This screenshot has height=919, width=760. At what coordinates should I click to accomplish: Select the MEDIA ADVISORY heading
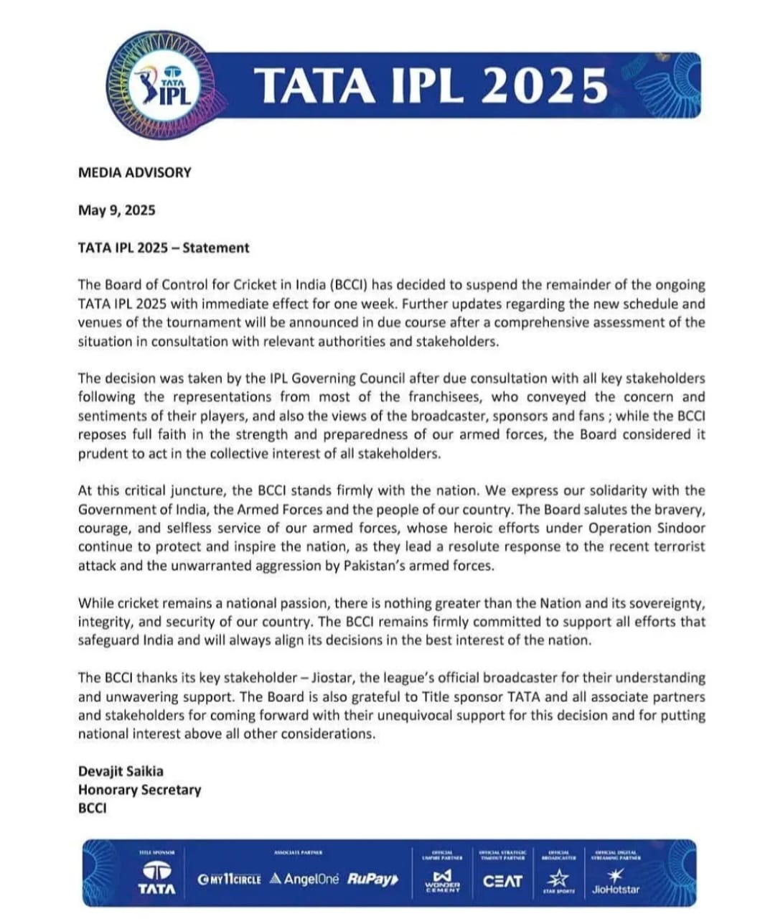[135, 172]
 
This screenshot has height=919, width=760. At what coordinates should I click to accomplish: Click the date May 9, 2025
[116, 210]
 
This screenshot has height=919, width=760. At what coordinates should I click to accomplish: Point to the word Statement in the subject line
[215, 248]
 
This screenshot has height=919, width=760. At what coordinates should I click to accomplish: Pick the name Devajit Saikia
[121, 771]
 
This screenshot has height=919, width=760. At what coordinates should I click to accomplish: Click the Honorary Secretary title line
[139, 790]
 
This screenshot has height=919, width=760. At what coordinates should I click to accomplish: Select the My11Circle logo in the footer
[229, 880]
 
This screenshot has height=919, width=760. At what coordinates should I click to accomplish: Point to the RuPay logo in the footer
[372, 879]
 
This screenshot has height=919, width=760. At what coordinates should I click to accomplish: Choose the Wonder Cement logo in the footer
[441, 880]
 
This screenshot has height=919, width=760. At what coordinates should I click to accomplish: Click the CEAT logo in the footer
[502, 880]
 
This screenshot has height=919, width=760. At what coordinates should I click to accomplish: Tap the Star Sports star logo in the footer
[558, 879]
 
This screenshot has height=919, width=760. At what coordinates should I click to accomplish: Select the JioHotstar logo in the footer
[616, 882]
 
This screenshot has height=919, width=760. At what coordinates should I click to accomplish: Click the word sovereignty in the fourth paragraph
[667, 603]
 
